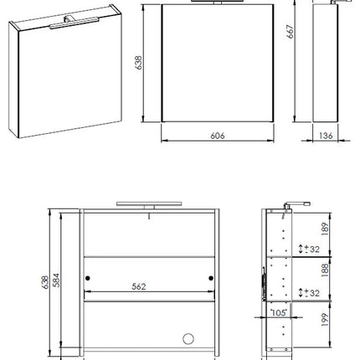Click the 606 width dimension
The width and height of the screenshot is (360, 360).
(x=218, y=136)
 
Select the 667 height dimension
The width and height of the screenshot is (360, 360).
(x=291, y=32)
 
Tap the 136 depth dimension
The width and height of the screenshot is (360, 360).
(x=326, y=136)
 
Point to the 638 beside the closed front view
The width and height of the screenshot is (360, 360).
(x=138, y=63)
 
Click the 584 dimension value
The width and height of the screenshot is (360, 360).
(x=56, y=280)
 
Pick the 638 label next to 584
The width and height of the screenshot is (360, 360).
(x=45, y=282)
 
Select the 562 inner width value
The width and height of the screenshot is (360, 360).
(x=139, y=286)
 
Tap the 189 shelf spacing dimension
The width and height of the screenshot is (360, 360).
(x=325, y=229)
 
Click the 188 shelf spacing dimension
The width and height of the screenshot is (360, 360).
(x=325, y=270)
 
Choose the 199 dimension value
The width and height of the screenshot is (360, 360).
(x=325, y=320)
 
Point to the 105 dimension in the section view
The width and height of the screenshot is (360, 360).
(x=279, y=313)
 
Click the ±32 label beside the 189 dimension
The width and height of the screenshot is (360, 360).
(x=311, y=249)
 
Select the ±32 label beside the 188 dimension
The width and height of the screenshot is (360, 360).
(x=311, y=293)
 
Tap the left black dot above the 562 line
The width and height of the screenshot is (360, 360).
(x=88, y=278)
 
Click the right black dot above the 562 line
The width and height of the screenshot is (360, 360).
(x=211, y=278)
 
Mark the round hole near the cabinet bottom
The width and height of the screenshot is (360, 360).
(x=188, y=339)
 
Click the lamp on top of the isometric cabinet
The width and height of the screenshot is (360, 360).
(x=75, y=23)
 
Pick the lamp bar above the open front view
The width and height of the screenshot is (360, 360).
(x=149, y=203)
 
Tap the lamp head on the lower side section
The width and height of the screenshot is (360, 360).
(x=297, y=205)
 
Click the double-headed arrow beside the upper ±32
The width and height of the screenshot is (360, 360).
(x=301, y=249)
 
